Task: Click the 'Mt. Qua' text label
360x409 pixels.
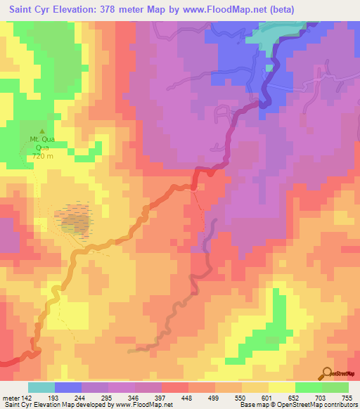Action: pyautogui.click(x=41, y=140)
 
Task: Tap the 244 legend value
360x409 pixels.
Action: pyautogui.click(x=95, y=398)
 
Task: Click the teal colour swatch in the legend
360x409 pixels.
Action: pyautogui.click(x=41, y=387)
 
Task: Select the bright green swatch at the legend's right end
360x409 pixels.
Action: pyautogui.click(x=335, y=387)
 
